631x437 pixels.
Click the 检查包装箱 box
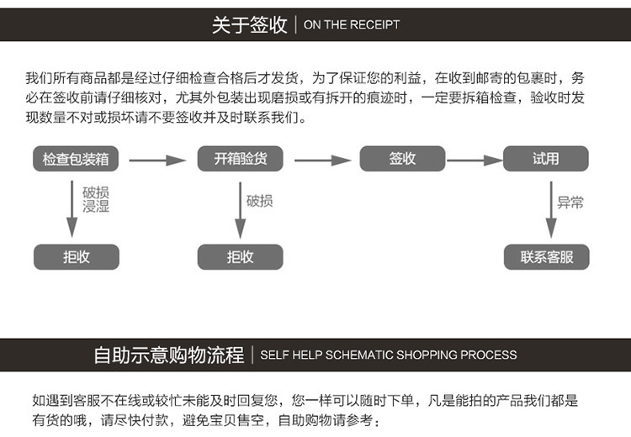tap(76, 159)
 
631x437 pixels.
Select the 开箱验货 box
tap(241, 158)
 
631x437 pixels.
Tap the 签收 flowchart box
tap(402, 158)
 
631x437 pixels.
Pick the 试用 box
tap(546, 158)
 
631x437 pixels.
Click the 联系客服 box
tap(547, 257)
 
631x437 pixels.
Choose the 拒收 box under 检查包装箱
tap(77, 257)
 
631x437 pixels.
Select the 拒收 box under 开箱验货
tap(241, 257)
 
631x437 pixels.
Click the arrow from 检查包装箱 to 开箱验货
tap(158, 161)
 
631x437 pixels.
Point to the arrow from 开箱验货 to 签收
tap(323, 161)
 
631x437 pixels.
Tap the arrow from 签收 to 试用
tap(475, 161)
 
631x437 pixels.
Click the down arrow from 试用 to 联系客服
tap(551, 209)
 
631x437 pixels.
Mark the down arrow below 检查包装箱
tap(72, 208)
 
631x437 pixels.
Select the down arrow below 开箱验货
tap(241, 210)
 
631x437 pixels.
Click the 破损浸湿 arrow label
tap(96, 199)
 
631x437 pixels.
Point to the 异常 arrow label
tap(570, 203)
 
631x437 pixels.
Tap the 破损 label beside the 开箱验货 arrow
tap(260, 201)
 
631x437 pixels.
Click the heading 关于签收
tap(250, 24)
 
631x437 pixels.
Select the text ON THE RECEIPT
tap(352, 24)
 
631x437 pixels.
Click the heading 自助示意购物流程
tap(169, 355)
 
